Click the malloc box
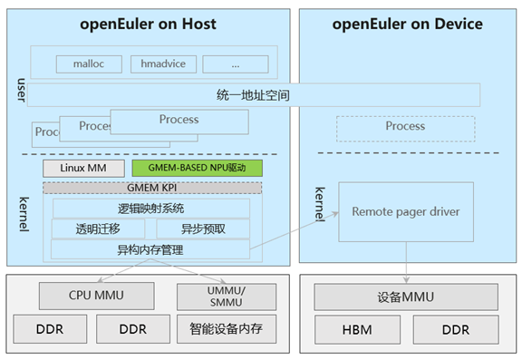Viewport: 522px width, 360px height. (x=89, y=64)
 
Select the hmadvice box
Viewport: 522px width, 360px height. (x=162, y=64)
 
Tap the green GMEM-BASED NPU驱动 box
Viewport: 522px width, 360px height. (x=197, y=168)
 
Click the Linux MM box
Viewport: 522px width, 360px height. (x=83, y=168)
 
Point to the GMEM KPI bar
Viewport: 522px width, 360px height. (x=151, y=187)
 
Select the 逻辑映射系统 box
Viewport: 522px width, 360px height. (x=151, y=209)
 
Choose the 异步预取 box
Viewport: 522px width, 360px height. (x=203, y=229)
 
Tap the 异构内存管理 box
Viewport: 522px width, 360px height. (x=151, y=249)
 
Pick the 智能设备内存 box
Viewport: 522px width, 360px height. (x=227, y=328)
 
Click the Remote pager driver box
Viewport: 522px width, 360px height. (x=406, y=211)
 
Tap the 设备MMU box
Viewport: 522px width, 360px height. (x=405, y=296)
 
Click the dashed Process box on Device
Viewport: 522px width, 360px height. (x=405, y=127)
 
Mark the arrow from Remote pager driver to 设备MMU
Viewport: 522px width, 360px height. (x=406, y=262)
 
